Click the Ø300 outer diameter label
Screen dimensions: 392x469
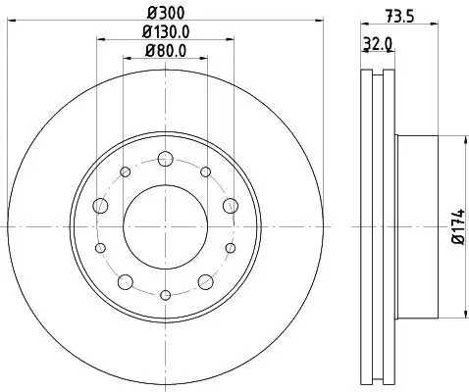[165, 15]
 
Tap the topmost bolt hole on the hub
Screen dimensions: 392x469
[165, 160]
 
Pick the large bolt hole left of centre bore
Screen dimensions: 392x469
[101, 206]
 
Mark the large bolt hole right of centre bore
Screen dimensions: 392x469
[229, 205]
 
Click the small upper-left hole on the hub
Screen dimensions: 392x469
[126, 172]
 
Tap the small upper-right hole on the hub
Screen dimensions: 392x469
[204, 172]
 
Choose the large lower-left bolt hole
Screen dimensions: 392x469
[126, 281]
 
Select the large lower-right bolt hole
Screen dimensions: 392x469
[204, 281]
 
